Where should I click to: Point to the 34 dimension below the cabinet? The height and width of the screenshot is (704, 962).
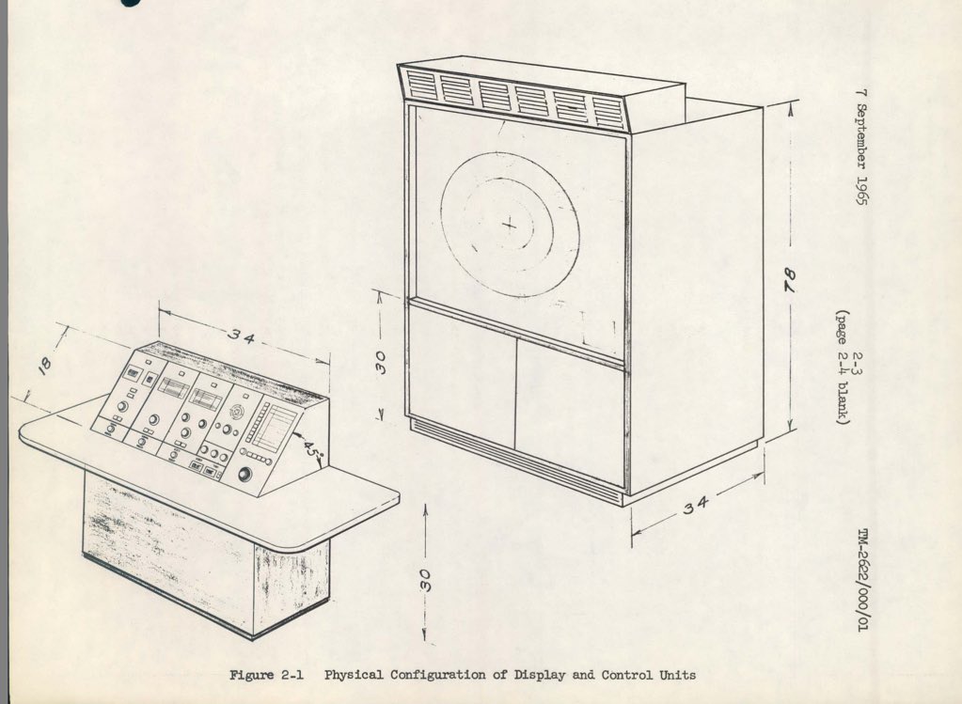[x=696, y=506]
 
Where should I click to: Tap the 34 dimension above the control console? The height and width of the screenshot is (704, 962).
[x=243, y=337]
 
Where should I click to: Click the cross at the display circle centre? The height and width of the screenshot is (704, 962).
[x=509, y=224]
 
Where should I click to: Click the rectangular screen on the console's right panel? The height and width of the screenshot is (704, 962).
[x=276, y=430]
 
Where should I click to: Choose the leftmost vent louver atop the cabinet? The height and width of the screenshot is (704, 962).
[x=422, y=86]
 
